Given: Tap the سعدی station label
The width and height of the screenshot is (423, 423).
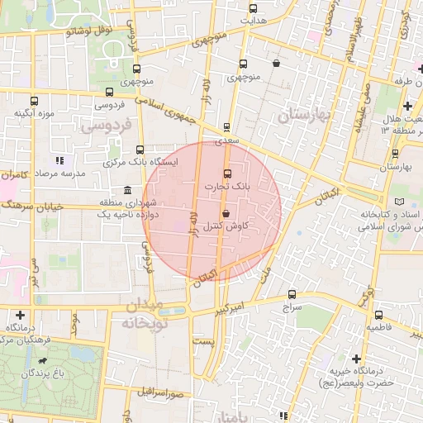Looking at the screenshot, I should [x=226, y=141].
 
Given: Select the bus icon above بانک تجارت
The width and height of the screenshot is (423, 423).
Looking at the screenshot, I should [x=228, y=173].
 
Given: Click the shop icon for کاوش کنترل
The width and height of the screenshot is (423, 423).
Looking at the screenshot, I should [x=226, y=213].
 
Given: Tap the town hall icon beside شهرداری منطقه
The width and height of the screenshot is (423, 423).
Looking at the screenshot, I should [x=126, y=191].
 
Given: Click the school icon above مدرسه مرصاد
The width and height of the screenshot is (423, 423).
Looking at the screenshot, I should [x=59, y=160].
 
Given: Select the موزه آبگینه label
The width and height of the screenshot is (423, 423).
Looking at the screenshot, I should [x=34, y=111].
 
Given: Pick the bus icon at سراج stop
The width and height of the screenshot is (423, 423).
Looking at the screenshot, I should [x=292, y=294].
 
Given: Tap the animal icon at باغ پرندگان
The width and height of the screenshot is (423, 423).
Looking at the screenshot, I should [x=41, y=362].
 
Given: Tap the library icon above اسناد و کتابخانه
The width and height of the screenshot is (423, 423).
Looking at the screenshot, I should [x=401, y=202].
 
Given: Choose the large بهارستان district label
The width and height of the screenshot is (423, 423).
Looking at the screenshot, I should [x=303, y=115].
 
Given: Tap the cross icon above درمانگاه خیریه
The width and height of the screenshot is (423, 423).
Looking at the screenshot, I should [x=356, y=358].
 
